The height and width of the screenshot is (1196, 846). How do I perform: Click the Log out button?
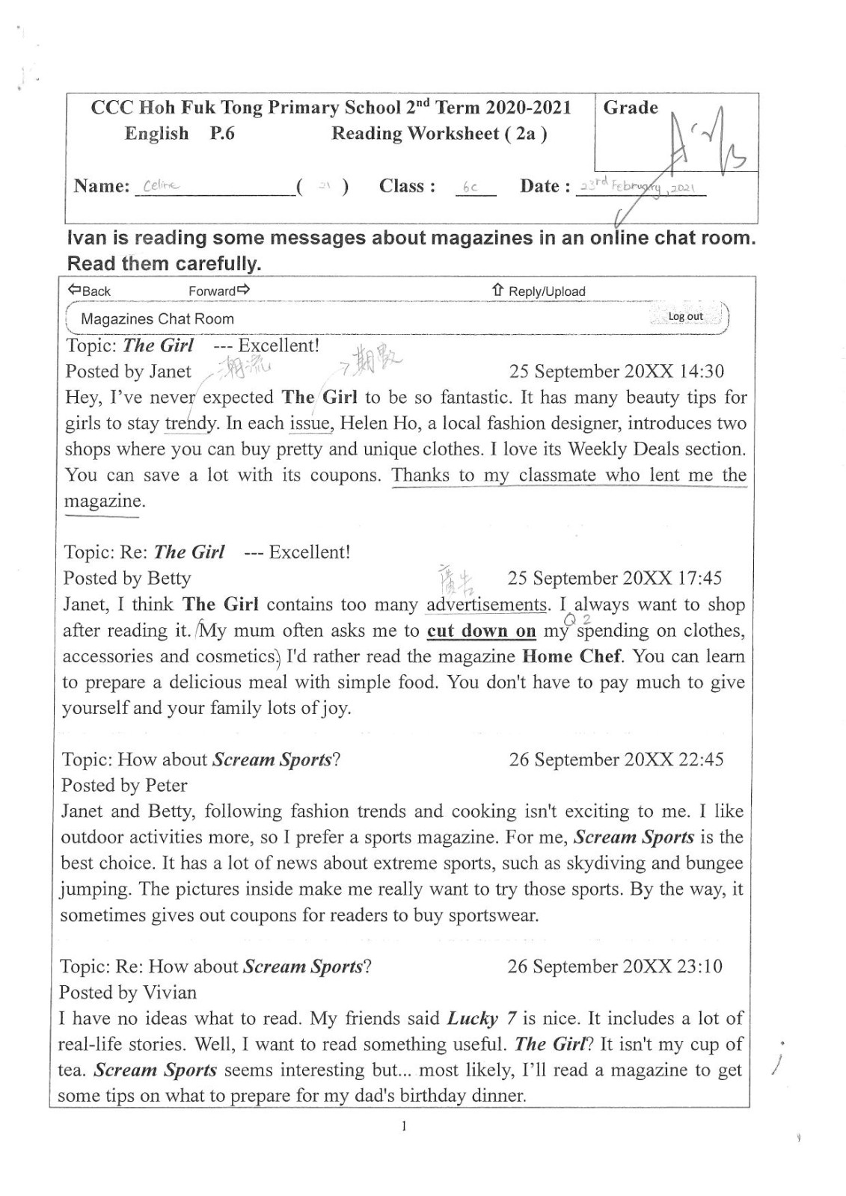coord(685,316)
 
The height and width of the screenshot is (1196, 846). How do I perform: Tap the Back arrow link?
coord(89,291)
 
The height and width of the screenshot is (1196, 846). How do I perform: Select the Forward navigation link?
coord(219,291)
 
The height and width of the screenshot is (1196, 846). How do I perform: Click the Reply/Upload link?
coord(539,291)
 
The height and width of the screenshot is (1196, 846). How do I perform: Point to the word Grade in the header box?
coord(631,108)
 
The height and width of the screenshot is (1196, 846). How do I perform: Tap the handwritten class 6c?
coord(470,188)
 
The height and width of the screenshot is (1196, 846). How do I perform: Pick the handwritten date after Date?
coord(640,185)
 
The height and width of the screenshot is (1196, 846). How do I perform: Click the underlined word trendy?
coord(191,424)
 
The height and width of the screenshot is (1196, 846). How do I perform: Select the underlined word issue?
coord(310,424)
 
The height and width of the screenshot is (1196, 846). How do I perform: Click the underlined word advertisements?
coord(486,605)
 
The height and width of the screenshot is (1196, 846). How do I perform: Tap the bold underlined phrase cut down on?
coord(481,631)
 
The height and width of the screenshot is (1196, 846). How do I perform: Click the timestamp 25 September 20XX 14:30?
coord(616,372)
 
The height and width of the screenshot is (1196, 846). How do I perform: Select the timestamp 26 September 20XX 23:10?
coord(615,967)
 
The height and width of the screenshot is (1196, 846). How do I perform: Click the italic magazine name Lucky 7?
coord(482,1019)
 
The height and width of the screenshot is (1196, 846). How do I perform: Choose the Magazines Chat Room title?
coord(157,319)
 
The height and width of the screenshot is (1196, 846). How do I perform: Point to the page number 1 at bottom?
coord(404,1126)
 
